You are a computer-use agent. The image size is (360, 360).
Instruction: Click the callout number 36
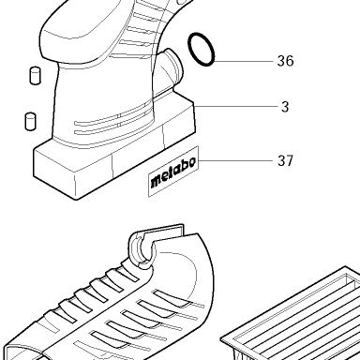click(285, 61)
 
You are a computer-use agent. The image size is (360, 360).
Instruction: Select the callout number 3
click(285, 107)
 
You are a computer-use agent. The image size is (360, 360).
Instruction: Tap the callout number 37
click(285, 160)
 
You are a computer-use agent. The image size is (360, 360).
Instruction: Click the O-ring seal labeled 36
click(202, 49)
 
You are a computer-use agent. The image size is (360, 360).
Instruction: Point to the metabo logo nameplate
click(173, 172)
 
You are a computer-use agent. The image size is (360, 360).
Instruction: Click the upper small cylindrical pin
click(35, 75)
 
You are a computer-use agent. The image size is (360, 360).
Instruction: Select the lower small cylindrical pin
click(30, 121)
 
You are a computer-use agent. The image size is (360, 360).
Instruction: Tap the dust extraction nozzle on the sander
click(171, 67)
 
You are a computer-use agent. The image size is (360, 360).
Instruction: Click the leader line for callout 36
click(244, 61)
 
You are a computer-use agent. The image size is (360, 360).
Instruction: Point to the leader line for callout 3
click(236, 106)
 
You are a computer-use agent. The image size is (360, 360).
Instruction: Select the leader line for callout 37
click(236, 160)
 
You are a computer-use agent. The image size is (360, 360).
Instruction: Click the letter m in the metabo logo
click(157, 181)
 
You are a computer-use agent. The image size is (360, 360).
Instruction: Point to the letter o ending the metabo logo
click(191, 162)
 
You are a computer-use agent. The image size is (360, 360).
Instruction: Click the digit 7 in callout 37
click(290, 160)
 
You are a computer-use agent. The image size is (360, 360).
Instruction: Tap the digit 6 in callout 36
click(290, 61)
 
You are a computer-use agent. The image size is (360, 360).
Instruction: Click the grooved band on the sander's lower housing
click(112, 120)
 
